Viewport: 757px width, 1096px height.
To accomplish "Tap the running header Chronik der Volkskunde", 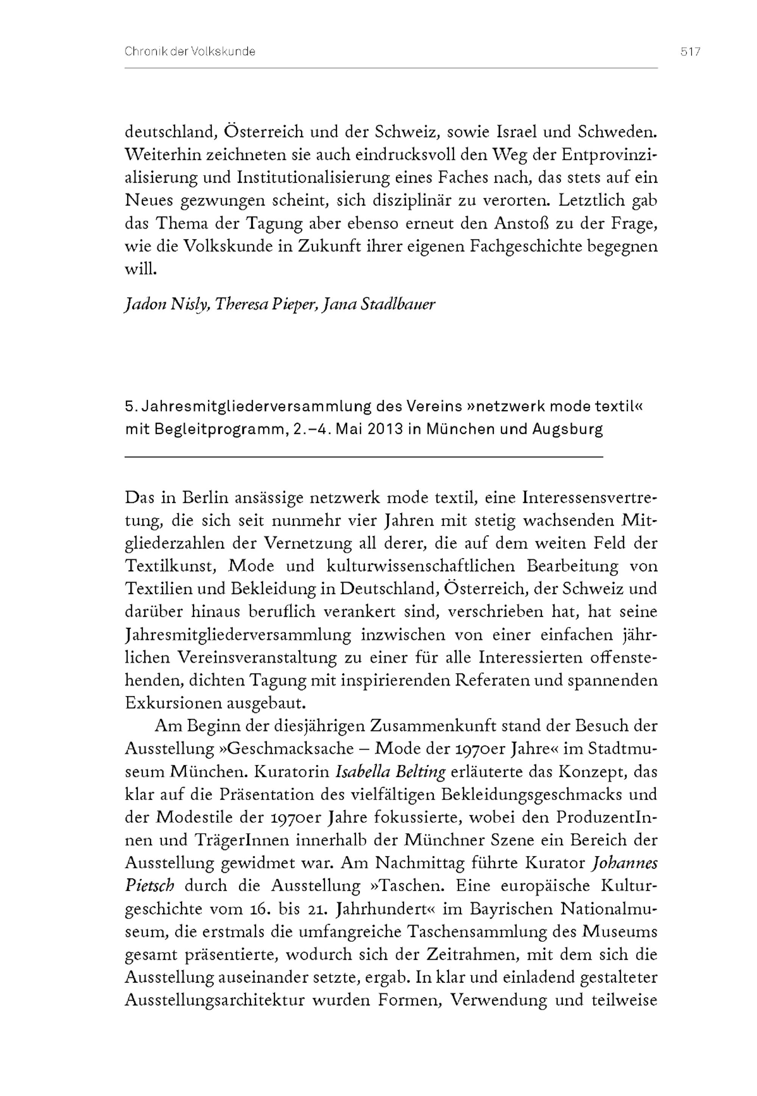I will tap(190, 52).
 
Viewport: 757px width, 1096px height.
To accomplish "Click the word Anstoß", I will tap(531, 223).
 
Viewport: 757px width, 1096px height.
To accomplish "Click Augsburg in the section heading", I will tap(567, 429).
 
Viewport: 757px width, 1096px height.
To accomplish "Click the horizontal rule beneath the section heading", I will tap(364, 457).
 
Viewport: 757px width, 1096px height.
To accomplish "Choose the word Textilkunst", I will tap(172, 566).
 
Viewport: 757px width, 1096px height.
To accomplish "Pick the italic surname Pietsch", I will tap(150, 886).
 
